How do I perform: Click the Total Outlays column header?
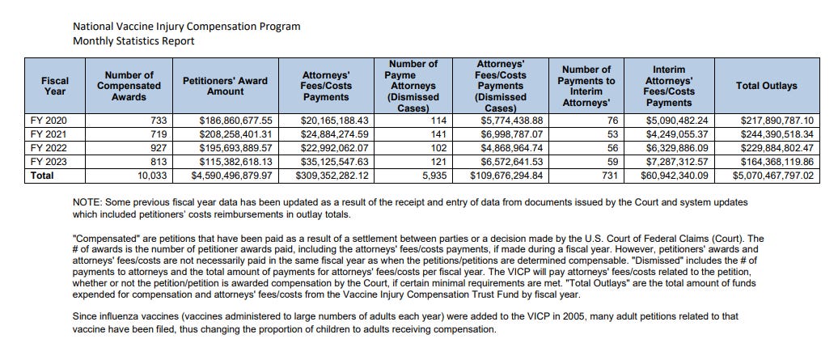coord(766,85)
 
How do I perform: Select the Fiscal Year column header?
coord(55,86)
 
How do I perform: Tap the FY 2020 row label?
coord(45,120)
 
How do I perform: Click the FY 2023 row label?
coord(45,162)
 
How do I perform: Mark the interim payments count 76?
coord(606,120)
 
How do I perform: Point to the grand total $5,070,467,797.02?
coord(773,175)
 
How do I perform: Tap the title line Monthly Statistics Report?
coord(133,40)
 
